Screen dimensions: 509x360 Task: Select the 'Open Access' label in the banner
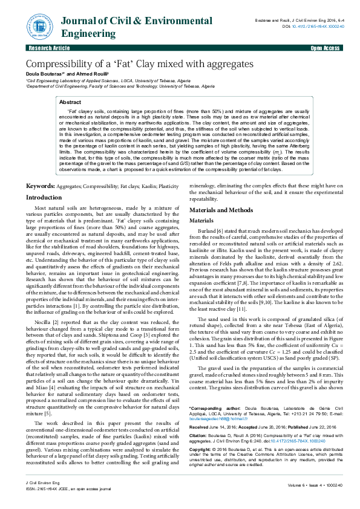point(324,47)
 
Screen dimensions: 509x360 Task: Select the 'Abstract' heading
point(70,103)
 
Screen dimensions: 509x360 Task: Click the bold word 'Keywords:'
point(41,188)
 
